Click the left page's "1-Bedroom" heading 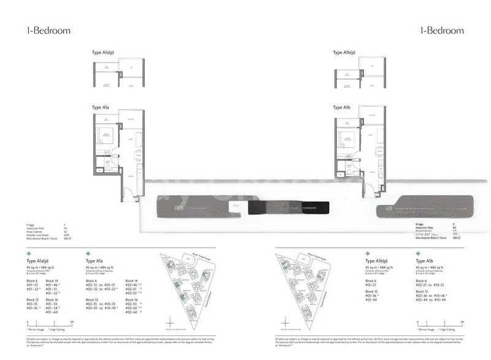coord(48,30)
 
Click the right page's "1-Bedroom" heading coord(441,30)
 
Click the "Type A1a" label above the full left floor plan coord(101,107)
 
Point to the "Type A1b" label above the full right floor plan coord(342,107)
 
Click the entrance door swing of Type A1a coord(128,195)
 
